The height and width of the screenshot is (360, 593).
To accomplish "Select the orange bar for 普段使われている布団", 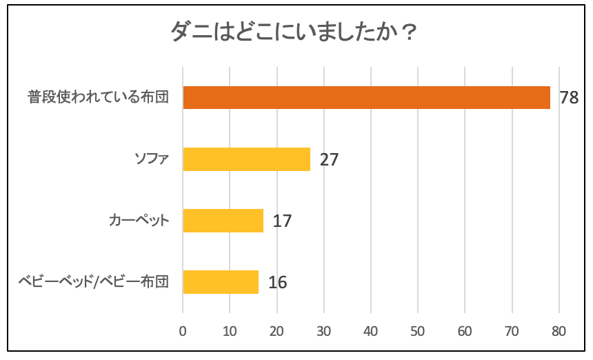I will pos(366,98).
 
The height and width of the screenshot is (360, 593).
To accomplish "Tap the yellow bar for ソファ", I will pos(246,159).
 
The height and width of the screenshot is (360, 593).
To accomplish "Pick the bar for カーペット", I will pos(223,221).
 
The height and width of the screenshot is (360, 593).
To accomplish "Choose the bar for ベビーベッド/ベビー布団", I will pos(221,282).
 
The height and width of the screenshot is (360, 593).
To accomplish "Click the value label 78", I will pos(569,98).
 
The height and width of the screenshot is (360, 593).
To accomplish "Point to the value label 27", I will pos(329,160).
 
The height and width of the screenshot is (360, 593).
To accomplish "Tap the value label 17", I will pos(282,221).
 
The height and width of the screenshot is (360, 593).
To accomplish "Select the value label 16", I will pos(277,283).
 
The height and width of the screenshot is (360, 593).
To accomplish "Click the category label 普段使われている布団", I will pos(99,98).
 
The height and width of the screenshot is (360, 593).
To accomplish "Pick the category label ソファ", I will pos(151,159).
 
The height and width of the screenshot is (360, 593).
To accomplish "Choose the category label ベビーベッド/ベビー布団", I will pos(92,282).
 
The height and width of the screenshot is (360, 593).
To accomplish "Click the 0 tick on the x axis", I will pos(183,331).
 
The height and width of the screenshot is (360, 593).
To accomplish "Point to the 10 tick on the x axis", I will pos(230,331).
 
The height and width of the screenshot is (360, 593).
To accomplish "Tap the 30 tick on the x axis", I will pos(324,331).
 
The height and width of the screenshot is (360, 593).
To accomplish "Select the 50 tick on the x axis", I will pos(418,331).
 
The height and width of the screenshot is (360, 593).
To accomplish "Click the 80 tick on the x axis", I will pos(559,331).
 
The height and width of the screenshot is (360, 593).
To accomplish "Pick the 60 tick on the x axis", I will pos(465,331).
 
